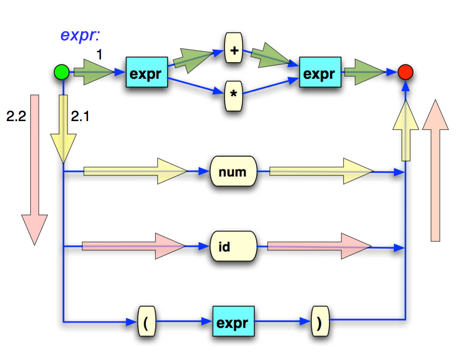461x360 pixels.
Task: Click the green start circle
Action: pos(61,72)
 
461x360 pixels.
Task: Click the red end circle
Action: pos(405,72)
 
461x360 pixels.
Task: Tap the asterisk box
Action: pos(234,94)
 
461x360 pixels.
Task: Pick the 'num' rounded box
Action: pos(233,172)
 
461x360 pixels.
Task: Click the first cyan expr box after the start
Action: pos(146,73)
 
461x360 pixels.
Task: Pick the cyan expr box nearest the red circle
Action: pos(320,73)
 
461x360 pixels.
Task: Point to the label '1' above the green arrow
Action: pos(100,54)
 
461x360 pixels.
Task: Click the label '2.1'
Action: pos(81,117)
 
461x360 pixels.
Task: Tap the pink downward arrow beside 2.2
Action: pos(34,168)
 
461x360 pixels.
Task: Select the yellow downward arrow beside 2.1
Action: pos(64,129)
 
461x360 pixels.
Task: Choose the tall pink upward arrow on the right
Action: pos(436,171)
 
